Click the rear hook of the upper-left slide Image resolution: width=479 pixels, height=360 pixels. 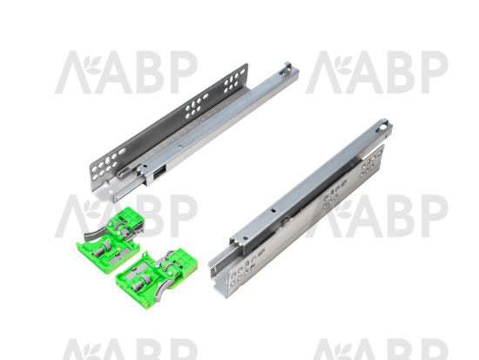tap(288, 67)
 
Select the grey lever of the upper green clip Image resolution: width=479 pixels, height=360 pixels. tap(92, 234)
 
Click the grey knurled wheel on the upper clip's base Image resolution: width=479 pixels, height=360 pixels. tap(105, 246)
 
